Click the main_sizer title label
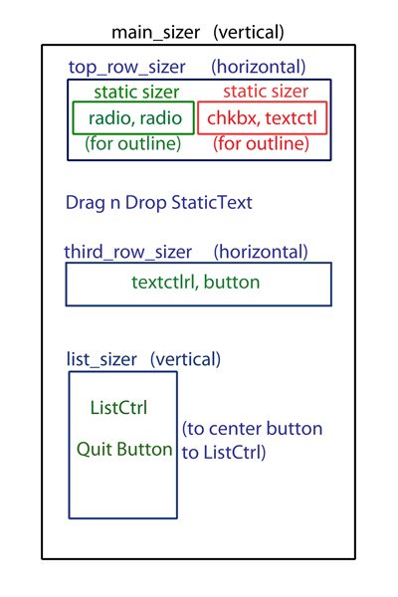click(x=156, y=33)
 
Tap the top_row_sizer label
click(x=126, y=68)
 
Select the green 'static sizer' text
click(x=136, y=93)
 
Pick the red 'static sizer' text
click(x=266, y=92)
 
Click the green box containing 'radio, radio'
click(x=133, y=102)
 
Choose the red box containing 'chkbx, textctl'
click(x=263, y=102)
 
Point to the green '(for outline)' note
click(x=132, y=144)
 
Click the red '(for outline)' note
click(x=261, y=144)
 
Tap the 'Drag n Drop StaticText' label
click(x=159, y=203)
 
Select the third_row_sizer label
click(x=128, y=253)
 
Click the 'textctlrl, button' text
click(x=196, y=283)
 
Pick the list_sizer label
click(x=101, y=360)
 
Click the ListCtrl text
click(x=118, y=408)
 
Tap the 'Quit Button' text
click(x=124, y=450)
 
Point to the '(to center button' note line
click(x=252, y=429)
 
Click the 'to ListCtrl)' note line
click(x=224, y=453)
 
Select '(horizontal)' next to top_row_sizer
click(x=259, y=68)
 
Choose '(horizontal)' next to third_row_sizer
click(x=261, y=253)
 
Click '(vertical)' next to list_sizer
click(x=185, y=360)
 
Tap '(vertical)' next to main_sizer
click(x=249, y=33)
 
